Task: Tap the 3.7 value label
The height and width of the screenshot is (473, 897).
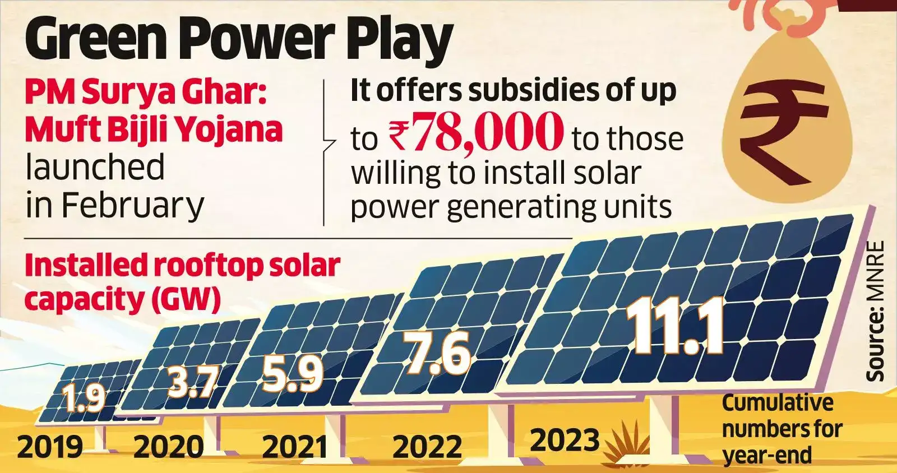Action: [192, 382]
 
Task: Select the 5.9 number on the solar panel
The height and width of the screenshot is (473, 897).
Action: [293, 374]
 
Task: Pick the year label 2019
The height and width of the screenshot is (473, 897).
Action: [50, 447]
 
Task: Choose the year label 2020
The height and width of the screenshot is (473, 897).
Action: [169, 447]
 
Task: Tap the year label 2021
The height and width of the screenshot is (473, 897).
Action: [295, 447]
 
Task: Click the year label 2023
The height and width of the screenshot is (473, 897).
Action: [565, 440]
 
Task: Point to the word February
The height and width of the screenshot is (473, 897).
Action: [132, 205]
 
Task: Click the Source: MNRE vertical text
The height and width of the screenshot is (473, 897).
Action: [875, 311]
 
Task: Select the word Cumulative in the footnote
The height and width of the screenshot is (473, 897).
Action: [777, 402]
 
